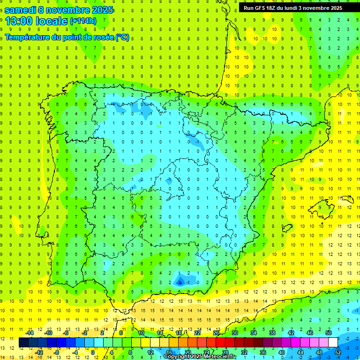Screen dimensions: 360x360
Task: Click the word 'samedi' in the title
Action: tap(21, 10)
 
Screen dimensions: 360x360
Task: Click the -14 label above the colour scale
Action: tap(30, 333)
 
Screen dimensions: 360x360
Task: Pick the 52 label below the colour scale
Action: tap(337, 352)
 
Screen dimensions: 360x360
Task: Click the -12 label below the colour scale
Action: tap(39, 352)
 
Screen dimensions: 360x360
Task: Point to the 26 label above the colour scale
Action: tap(216, 333)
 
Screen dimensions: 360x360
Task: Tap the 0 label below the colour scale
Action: tap(93, 352)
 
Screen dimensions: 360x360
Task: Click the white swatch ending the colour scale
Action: tap(333, 343)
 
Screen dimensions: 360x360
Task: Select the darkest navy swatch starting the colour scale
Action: tap(24, 343)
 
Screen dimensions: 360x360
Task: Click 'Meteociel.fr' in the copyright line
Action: tap(220, 357)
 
